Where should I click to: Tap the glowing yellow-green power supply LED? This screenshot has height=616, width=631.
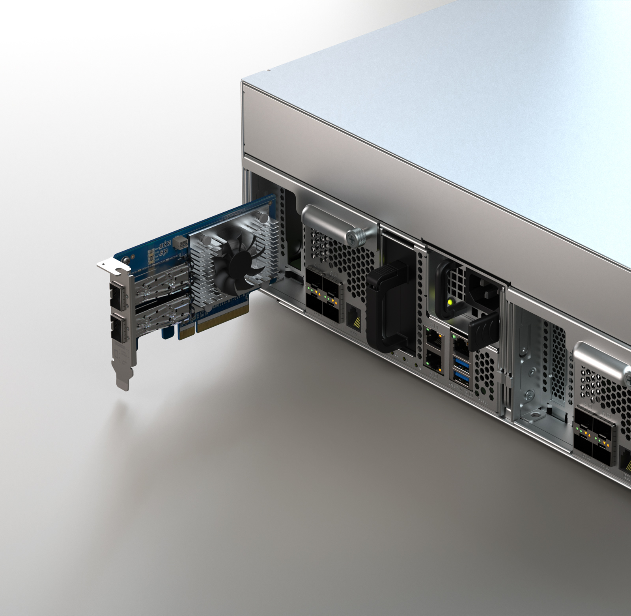tap(450, 303)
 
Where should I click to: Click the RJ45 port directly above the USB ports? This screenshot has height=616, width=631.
tap(460, 344)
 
